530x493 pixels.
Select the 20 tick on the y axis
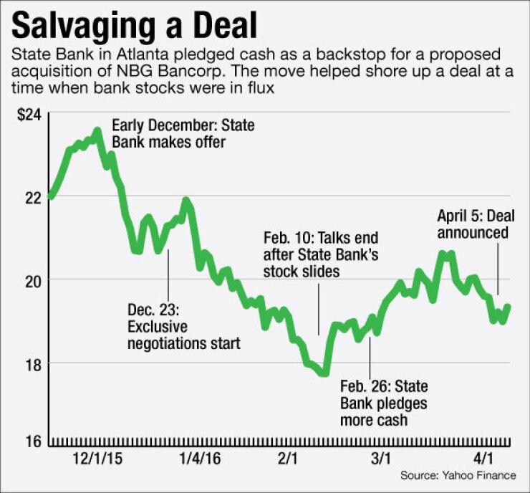click(32, 279)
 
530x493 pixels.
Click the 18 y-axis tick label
click(32, 363)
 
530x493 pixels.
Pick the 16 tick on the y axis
click(32, 441)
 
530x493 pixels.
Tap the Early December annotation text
click(183, 134)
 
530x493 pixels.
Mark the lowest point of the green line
click(324, 373)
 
